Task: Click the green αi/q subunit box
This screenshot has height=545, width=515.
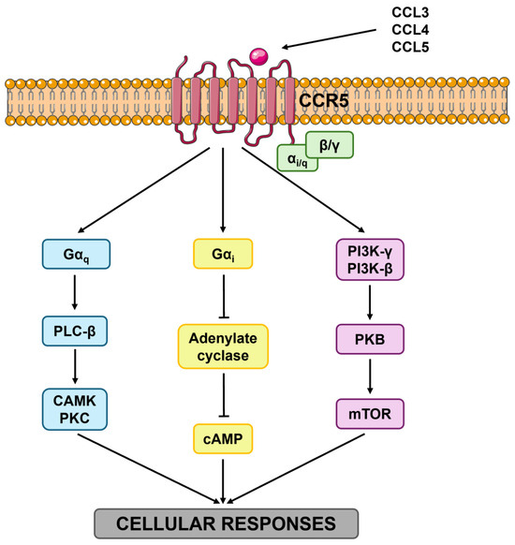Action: point(298,159)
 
